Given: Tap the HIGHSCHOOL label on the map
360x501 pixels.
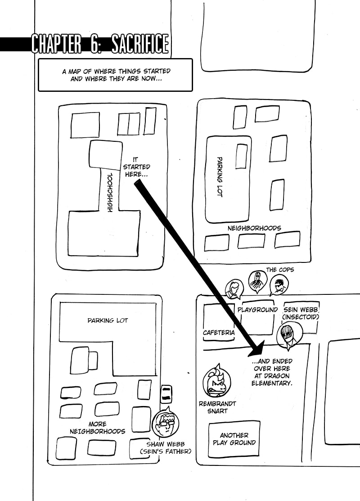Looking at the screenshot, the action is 110,193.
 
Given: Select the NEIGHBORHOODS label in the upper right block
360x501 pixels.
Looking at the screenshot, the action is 254,228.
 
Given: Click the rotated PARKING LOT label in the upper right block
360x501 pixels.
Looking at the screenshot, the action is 220,176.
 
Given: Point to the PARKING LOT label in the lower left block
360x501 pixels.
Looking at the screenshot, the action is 108,320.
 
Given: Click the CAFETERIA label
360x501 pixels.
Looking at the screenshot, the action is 219,333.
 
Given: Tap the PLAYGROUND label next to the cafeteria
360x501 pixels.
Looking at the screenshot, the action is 257,310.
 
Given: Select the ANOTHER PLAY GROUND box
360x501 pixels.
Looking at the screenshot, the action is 234,439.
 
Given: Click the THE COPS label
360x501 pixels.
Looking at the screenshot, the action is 280,270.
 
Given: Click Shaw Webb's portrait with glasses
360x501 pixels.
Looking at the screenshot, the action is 166,422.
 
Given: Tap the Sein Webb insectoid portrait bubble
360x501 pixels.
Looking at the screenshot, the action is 289,335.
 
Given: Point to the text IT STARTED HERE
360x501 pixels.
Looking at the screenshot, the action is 136,167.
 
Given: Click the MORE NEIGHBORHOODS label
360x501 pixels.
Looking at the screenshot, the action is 98,428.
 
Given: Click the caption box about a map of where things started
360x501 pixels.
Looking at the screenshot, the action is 115,75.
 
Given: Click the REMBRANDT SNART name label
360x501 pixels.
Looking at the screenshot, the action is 217,407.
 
